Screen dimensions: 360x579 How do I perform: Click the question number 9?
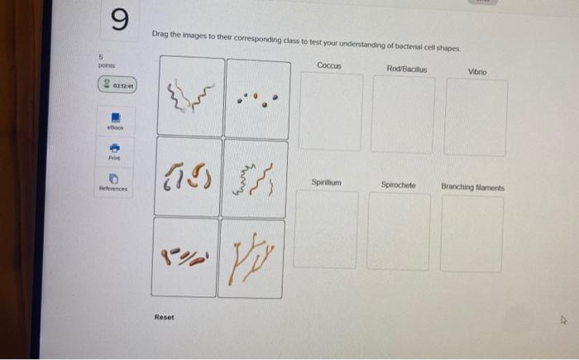(119, 21)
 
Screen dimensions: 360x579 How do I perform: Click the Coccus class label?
(329, 65)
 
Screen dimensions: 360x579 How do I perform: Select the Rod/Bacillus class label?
(406, 69)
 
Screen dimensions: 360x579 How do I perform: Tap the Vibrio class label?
(477, 72)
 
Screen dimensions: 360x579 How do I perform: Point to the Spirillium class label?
(327, 182)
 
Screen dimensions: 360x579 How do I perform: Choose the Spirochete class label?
(399, 185)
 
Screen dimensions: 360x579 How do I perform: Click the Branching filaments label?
(472, 188)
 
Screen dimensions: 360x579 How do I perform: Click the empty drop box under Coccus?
(330, 113)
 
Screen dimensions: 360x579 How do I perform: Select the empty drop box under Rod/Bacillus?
(403, 115)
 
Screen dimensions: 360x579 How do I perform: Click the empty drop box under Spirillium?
(326, 230)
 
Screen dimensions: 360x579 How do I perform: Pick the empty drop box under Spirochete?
(399, 233)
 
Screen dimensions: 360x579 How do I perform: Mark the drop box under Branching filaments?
(471, 235)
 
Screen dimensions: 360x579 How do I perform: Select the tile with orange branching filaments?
(253, 257)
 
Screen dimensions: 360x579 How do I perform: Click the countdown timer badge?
(118, 84)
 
